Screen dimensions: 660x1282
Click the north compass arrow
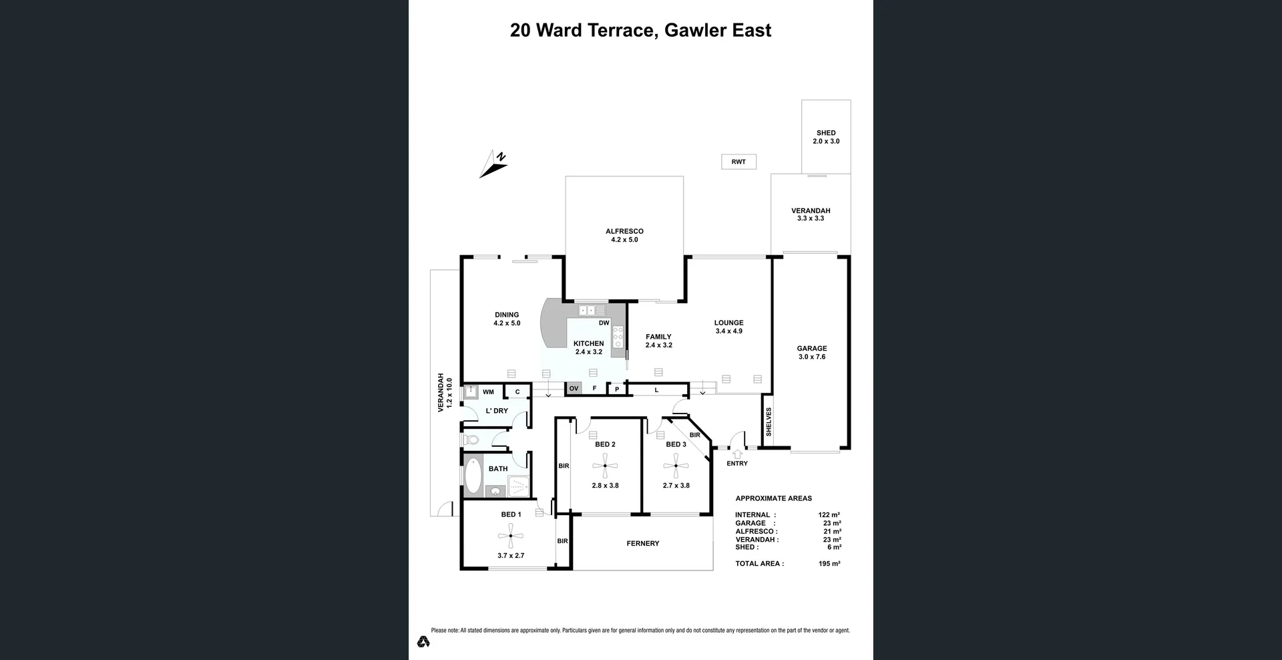tap(493, 164)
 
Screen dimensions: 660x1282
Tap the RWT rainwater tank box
tap(738, 162)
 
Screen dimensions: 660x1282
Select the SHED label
tap(826, 133)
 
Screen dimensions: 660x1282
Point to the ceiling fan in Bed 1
tap(511, 536)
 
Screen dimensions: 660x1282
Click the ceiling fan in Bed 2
tap(605, 466)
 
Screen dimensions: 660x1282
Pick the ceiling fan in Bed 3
tap(676, 466)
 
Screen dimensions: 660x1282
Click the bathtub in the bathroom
tap(473, 476)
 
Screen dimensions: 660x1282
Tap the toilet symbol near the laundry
tap(471, 440)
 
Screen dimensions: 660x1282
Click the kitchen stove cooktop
tap(618, 337)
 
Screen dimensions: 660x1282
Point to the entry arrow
tap(737, 454)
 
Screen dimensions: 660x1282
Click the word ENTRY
tap(737, 464)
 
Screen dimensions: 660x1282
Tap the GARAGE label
tap(812, 348)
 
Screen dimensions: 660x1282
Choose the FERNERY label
tap(643, 544)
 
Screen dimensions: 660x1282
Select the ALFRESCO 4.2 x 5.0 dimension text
tap(624, 240)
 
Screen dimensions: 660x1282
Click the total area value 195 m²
tap(829, 564)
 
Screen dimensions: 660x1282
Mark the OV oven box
tap(574, 389)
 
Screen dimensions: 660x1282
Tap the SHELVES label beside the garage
tap(769, 422)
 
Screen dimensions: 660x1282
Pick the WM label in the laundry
tap(488, 392)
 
